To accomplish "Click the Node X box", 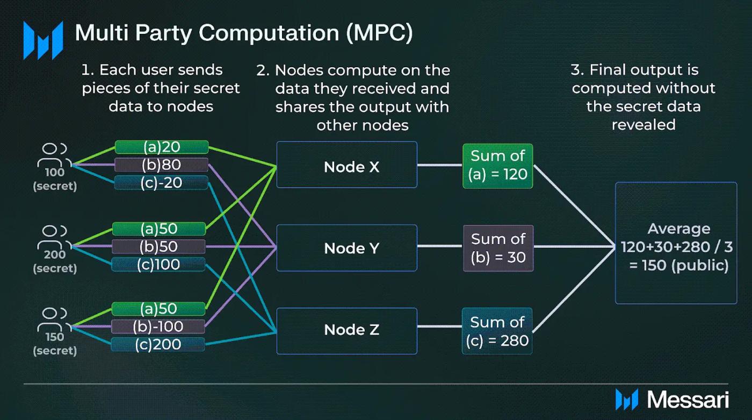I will [x=346, y=165].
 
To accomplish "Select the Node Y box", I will [x=346, y=248].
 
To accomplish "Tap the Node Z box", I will [x=346, y=330].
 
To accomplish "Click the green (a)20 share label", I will [x=161, y=147].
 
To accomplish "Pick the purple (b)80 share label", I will [x=161, y=165].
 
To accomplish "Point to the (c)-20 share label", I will [x=161, y=182].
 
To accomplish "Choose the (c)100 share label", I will [x=158, y=264].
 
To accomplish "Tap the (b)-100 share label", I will [x=158, y=326].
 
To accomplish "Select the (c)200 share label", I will [x=158, y=344].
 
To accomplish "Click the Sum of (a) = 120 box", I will [x=497, y=166].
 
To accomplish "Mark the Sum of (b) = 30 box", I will [x=498, y=248].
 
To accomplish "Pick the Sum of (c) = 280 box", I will [x=497, y=331].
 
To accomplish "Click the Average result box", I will [x=676, y=243].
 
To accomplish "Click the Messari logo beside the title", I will [x=43, y=39].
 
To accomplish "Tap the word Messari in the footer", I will [x=688, y=400].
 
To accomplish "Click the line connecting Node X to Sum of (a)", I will [x=439, y=165].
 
